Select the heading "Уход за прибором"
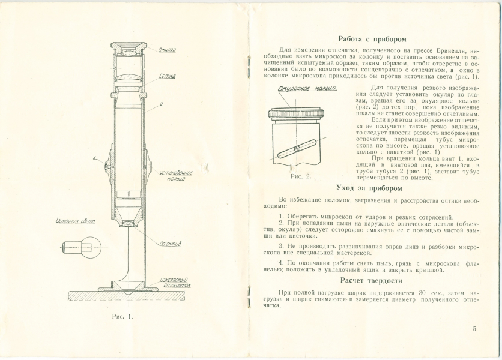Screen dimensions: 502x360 (369, 188)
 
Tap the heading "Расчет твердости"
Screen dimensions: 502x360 (371, 281)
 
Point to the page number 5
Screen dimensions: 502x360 (474, 329)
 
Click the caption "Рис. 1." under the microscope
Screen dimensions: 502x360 (122, 317)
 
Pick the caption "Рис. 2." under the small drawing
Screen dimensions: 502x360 (301, 176)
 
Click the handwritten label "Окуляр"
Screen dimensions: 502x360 (167, 50)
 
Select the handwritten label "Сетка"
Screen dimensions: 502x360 (168, 76)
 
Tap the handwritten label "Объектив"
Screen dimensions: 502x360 (171, 244)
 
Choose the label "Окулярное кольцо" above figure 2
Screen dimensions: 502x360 (307, 88)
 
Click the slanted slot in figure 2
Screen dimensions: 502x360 (297, 148)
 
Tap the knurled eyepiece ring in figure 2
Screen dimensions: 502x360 (297, 114)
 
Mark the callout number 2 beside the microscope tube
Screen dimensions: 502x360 (162, 104)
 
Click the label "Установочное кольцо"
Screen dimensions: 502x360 (177, 176)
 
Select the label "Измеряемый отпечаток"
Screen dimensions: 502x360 (175, 283)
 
